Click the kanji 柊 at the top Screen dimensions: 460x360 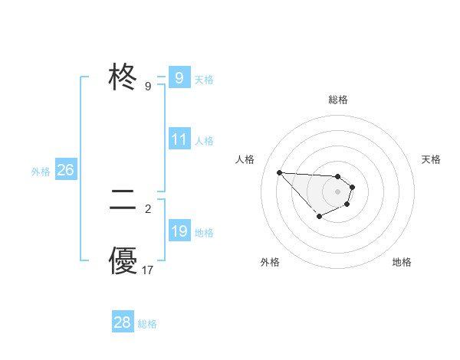tap(123, 77)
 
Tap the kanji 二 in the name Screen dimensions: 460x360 tap(123, 201)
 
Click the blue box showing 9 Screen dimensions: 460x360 tap(179, 78)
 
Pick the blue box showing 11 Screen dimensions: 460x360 tap(179, 139)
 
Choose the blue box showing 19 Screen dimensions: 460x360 tap(179, 231)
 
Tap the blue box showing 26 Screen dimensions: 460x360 tap(65, 170)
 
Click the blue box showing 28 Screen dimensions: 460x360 tap(123, 322)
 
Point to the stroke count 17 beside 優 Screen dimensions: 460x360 tap(148, 270)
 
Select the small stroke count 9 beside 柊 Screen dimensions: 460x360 tap(148, 87)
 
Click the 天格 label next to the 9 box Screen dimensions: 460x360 tap(204, 80)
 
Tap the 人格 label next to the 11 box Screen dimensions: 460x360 tap(204, 141)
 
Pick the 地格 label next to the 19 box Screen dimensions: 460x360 tap(204, 233)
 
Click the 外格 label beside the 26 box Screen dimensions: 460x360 tap(41, 172)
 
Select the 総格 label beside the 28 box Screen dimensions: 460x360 tap(148, 324)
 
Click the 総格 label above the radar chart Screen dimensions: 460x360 tap(338, 100)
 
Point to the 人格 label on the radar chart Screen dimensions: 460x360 tap(245, 159)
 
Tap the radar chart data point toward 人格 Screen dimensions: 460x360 tap(279, 172)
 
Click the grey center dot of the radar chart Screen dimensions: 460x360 tap(338, 191)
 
